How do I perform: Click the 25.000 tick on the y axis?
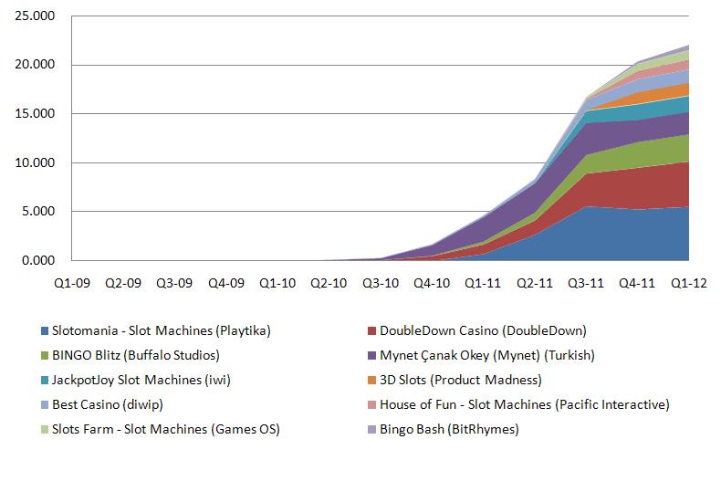click(x=37, y=16)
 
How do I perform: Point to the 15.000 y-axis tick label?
click(x=37, y=114)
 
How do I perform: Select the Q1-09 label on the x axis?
click(x=70, y=284)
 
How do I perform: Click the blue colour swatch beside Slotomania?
click(x=44, y=330)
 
